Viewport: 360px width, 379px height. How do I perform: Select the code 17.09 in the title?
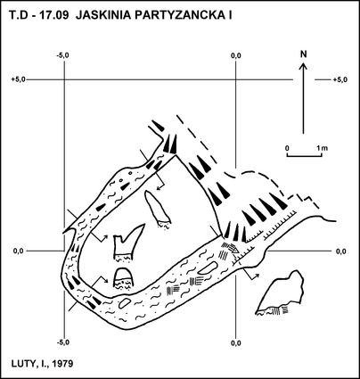55,15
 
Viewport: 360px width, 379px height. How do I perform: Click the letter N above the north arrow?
303,54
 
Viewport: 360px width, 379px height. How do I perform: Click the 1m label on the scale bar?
322,148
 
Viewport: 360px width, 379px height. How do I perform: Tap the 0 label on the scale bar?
287,148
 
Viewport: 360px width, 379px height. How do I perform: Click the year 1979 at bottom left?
62,364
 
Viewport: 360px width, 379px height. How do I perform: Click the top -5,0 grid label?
62,55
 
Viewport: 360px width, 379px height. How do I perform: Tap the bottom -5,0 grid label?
62,342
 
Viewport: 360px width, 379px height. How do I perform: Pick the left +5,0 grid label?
19,79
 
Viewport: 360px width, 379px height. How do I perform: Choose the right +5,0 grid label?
340,79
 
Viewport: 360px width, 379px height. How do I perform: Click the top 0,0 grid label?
236,55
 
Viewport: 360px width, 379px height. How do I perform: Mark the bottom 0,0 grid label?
236,343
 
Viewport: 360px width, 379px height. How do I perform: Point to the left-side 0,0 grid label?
19,251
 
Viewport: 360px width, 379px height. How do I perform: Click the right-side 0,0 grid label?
341,251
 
